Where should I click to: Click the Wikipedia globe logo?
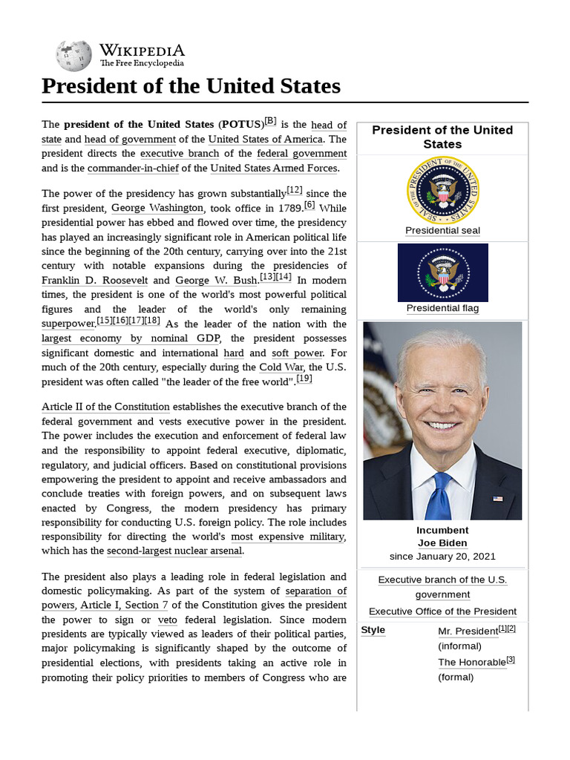pos(73,56)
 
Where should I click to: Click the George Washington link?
pos(157,209)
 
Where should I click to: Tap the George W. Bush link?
pos(216,281)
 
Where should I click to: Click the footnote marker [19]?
pos(304,379)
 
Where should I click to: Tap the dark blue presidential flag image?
pos(442,272)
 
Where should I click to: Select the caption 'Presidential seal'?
pos(442,231)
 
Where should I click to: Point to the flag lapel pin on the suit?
pos(497,498)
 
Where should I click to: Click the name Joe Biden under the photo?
pos(442,543)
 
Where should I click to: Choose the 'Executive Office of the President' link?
pos(442,612)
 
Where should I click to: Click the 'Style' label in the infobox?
pos(373,630)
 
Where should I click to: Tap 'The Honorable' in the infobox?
pos(471,662)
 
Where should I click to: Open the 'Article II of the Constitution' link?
pos(106,407)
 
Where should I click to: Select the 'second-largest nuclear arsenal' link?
pos(174,551)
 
